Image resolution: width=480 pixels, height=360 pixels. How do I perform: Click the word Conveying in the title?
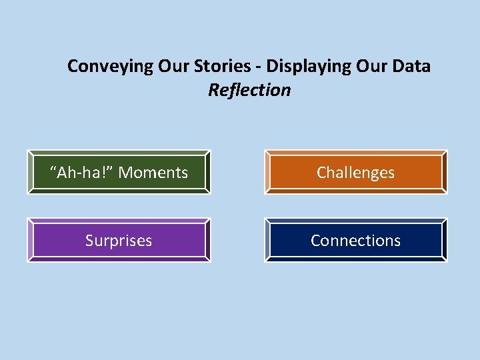tap(111, 67)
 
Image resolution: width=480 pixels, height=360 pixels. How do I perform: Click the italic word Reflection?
tap(249, 90)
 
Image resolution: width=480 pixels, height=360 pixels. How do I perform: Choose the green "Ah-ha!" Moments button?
tap(119, 172)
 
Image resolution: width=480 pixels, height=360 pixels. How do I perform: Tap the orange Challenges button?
tap(355, 172)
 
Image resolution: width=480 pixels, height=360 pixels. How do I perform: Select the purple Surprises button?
tap(119, 240)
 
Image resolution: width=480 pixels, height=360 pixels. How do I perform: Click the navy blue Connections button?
tap(355, 240)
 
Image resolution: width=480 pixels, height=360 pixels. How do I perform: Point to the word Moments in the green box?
tap(153, 173)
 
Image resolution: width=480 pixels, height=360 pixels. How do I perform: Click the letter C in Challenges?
tap(321, 173)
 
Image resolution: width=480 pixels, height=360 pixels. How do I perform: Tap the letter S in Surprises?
tap(89, 241)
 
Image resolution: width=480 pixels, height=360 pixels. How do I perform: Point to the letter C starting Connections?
tap(315, 241)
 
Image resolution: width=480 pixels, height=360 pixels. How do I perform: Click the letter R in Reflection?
tap(213, 90)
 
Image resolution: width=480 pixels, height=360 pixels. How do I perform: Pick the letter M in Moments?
tap(125, 173)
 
